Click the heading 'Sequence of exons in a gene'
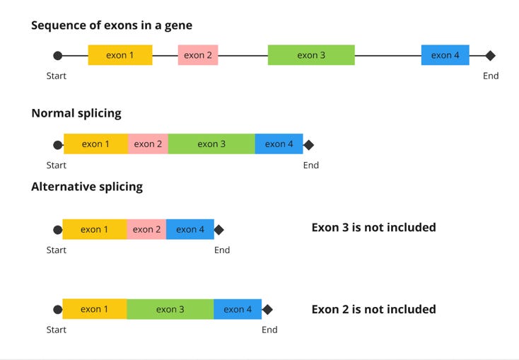112,25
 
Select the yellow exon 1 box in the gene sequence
120,55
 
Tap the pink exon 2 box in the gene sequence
198,55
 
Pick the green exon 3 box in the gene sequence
311,55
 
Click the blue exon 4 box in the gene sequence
445,55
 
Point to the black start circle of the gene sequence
58,55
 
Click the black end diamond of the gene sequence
491,55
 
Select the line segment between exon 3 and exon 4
387,55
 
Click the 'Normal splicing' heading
76,113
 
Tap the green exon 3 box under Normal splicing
211,144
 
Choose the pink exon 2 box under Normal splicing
148,144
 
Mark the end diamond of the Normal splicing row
308,145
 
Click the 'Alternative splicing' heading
87,187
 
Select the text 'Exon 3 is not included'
373,228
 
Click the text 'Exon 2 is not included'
373,309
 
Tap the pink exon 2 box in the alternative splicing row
146,229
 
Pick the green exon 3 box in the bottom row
170,309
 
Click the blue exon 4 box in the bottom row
238,309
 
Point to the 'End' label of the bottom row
269,330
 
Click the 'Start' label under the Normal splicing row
57,166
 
